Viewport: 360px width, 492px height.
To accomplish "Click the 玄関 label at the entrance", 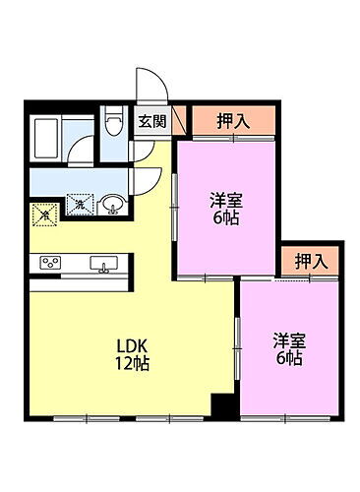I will (x=151, y=122).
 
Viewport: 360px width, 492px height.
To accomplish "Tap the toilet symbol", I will (x=113, y=126).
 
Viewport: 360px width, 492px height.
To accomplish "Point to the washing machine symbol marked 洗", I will (x=83, y=204).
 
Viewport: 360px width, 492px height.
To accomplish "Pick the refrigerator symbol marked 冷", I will (x=43, y=213).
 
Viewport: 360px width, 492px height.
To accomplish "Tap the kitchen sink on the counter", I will (x=103, y=263).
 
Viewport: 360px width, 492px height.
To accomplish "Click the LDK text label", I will (x=132, y=346).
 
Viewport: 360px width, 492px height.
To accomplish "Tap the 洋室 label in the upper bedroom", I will (x=225, y=200).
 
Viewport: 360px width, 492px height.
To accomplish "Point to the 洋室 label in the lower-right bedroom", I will (x=289, y=340).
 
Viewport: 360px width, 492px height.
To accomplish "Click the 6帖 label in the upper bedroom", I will (x=225, y=217).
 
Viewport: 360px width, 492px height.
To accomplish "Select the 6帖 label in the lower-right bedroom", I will (x=289, y=359).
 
